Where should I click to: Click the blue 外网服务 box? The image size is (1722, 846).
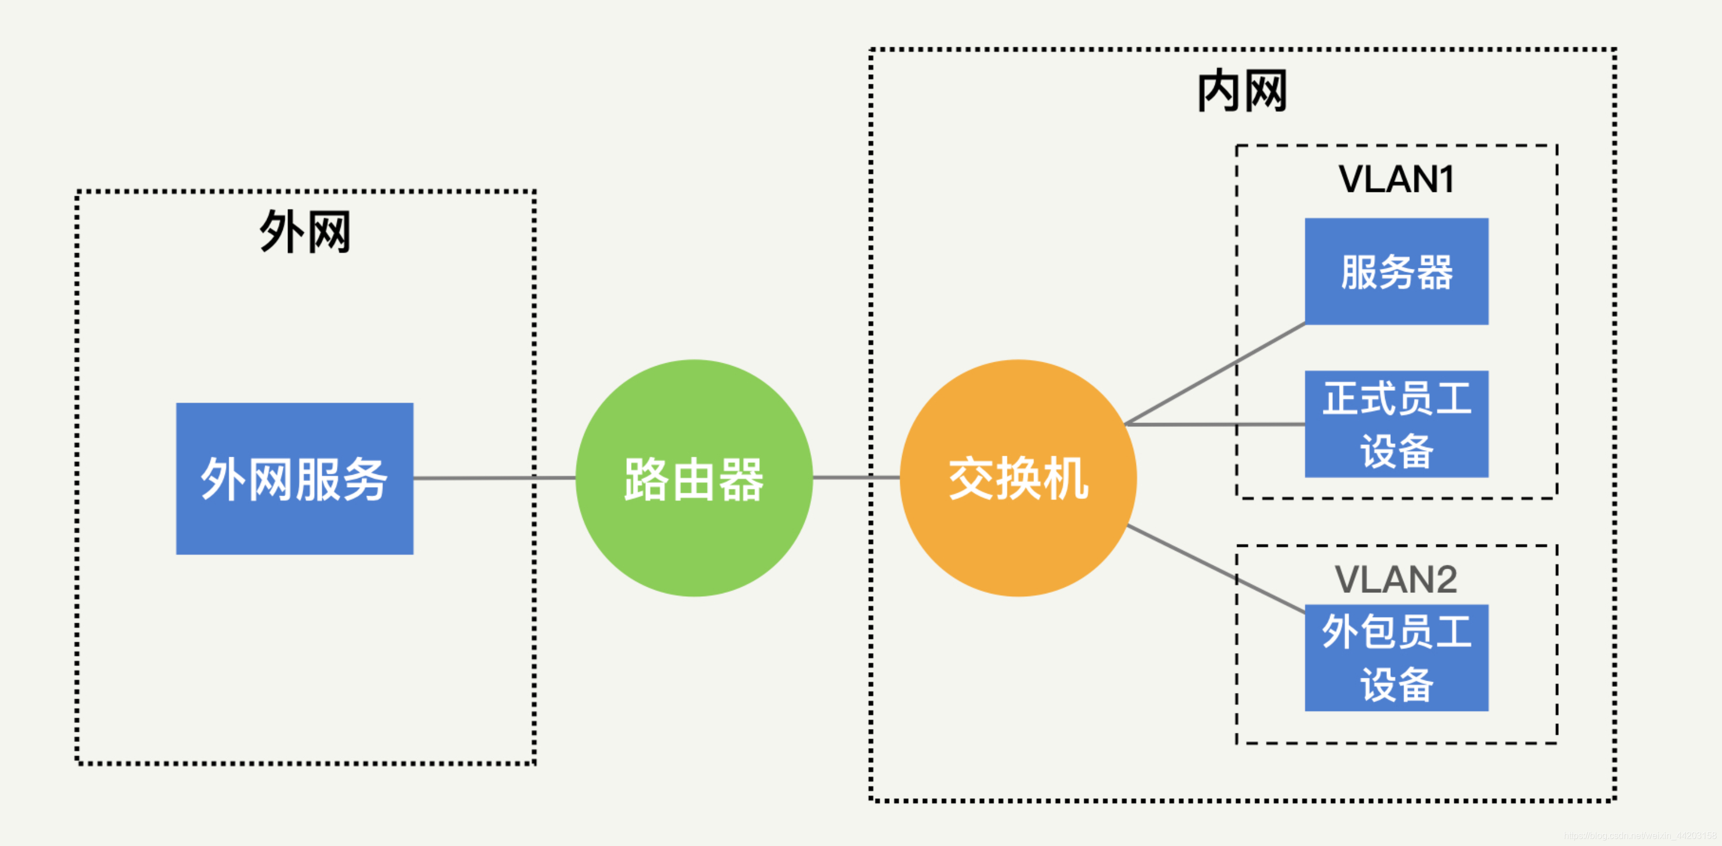pos(294,478)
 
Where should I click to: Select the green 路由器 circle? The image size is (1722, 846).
pos(694,478)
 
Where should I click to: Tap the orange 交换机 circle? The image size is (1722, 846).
pos(1018,478)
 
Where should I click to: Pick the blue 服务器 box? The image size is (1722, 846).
pos(1396,272)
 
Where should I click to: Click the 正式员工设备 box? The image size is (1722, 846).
pos(1396,424)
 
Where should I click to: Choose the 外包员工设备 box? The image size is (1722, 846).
pos(1396,658)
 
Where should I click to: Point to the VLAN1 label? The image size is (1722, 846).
pos(1396,179)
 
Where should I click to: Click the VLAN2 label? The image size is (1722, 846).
pos(1396,579)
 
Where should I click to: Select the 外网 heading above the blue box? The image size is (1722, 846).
pos(305,232)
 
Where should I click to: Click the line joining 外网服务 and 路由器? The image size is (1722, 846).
pos(495,478)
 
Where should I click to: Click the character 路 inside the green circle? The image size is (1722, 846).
pos(646,479)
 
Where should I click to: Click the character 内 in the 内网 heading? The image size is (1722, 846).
pos(1219,91)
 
